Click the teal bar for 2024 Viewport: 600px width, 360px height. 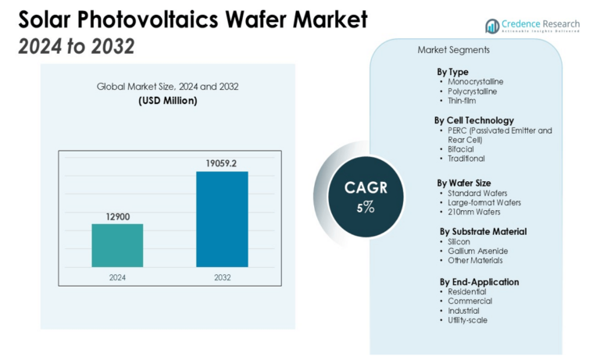(117, 245)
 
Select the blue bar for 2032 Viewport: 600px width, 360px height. (222, 219)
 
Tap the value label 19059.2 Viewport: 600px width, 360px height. (222, 162)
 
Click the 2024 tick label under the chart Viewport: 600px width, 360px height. (117, 276)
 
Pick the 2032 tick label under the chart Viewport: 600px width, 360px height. (222, 276)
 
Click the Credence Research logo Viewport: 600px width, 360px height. (533, 26)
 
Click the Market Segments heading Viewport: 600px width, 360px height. (454, 50)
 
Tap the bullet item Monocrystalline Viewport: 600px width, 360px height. (475, 81)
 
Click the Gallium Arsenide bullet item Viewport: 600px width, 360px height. (477, 251)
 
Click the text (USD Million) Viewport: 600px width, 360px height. (168, 101)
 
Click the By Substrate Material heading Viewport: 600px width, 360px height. (483, 231)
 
